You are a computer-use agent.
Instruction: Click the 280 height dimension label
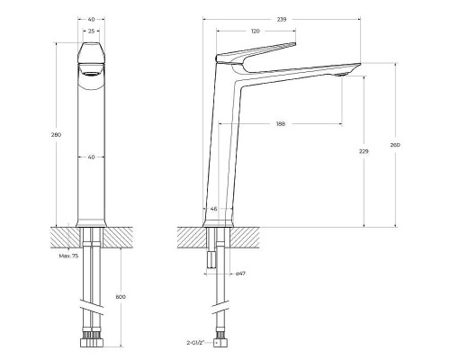point(58,134)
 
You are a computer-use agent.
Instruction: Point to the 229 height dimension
point(364,152)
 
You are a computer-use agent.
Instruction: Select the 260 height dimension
point(394,144)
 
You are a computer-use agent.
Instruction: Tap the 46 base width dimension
point(213,209)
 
